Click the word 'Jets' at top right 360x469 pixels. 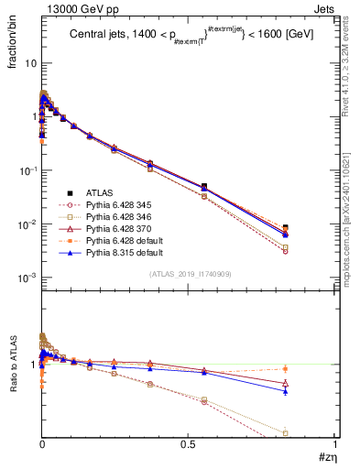323,7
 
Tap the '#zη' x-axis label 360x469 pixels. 322,458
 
